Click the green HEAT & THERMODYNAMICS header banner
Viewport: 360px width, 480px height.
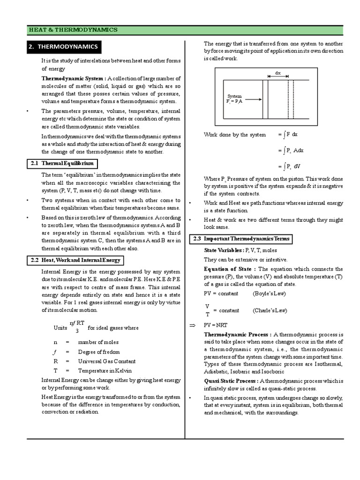tap(185, 30)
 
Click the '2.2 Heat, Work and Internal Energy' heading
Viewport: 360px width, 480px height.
tap(75, 260)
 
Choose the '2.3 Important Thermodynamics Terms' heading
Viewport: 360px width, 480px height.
tap(240, 239)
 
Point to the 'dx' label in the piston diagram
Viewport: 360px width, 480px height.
tap(277, 73)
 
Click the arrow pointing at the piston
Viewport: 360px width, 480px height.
tap(252, 99)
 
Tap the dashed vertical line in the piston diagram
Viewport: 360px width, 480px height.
tap(293, 99)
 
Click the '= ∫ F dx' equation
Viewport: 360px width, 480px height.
tap(288, 135)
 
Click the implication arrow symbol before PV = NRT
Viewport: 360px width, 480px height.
tap(191, 325)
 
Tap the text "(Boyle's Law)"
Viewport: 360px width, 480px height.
tap(269, 293)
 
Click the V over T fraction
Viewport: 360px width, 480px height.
tap(207, 310)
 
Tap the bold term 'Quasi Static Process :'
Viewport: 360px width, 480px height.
tap(231, 381)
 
